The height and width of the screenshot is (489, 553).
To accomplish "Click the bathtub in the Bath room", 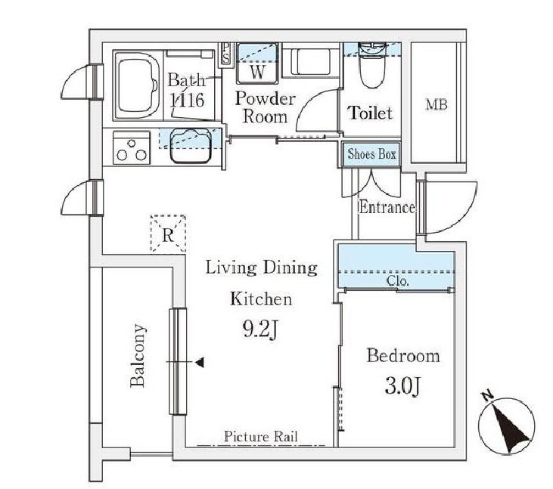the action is tap(137, 85).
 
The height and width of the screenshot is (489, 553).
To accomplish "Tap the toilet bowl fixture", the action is tap(372, 66).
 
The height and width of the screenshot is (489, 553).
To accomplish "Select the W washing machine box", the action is tap(257, 63).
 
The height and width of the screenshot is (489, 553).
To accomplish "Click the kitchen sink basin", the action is tap(191, 145).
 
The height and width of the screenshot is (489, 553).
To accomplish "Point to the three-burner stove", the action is tap(132, 147).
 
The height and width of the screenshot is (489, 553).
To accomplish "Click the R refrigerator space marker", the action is tap(168, 234).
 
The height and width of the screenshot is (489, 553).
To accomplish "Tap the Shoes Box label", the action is tap(371, 154).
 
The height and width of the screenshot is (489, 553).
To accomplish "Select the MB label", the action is tap(436, 104).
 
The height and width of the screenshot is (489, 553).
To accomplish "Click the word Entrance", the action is tap(387, 207).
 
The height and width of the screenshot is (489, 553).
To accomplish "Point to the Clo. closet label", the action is tap(398, 281).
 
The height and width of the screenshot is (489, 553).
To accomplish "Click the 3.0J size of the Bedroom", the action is tap(402, 386).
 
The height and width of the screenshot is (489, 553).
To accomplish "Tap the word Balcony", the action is tap(138, 355).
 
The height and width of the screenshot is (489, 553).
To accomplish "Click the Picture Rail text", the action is tap(261, 437).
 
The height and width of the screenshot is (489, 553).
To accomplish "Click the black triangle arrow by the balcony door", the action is tap(200, 362).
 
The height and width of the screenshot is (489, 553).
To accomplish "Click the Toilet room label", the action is tap(371, 113).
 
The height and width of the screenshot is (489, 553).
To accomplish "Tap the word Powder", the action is tap(266, 99).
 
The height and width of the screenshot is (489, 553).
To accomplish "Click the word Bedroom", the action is tap(403, 355).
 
